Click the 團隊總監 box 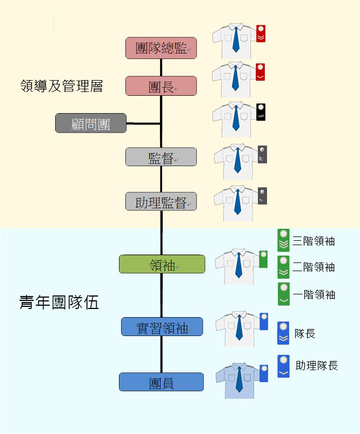[161, 48]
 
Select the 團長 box [161, 86]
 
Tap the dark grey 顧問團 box [91, 123]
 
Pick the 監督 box [161, 157]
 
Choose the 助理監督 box [161, 202]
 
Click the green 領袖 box [162, 264]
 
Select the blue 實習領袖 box [162, 327]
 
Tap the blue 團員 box [161, 382]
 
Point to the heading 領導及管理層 [61, 86]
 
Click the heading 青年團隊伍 [59, 302]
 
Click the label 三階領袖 [314, 240]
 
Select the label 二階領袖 [314, 267]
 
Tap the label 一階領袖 [314, 294]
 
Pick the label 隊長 [305, 333]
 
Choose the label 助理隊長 [317, 366]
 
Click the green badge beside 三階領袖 [283, 240]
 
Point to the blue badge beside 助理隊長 [283, 366]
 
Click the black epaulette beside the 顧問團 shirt [261, 111]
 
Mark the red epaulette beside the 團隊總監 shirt [261, 34]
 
